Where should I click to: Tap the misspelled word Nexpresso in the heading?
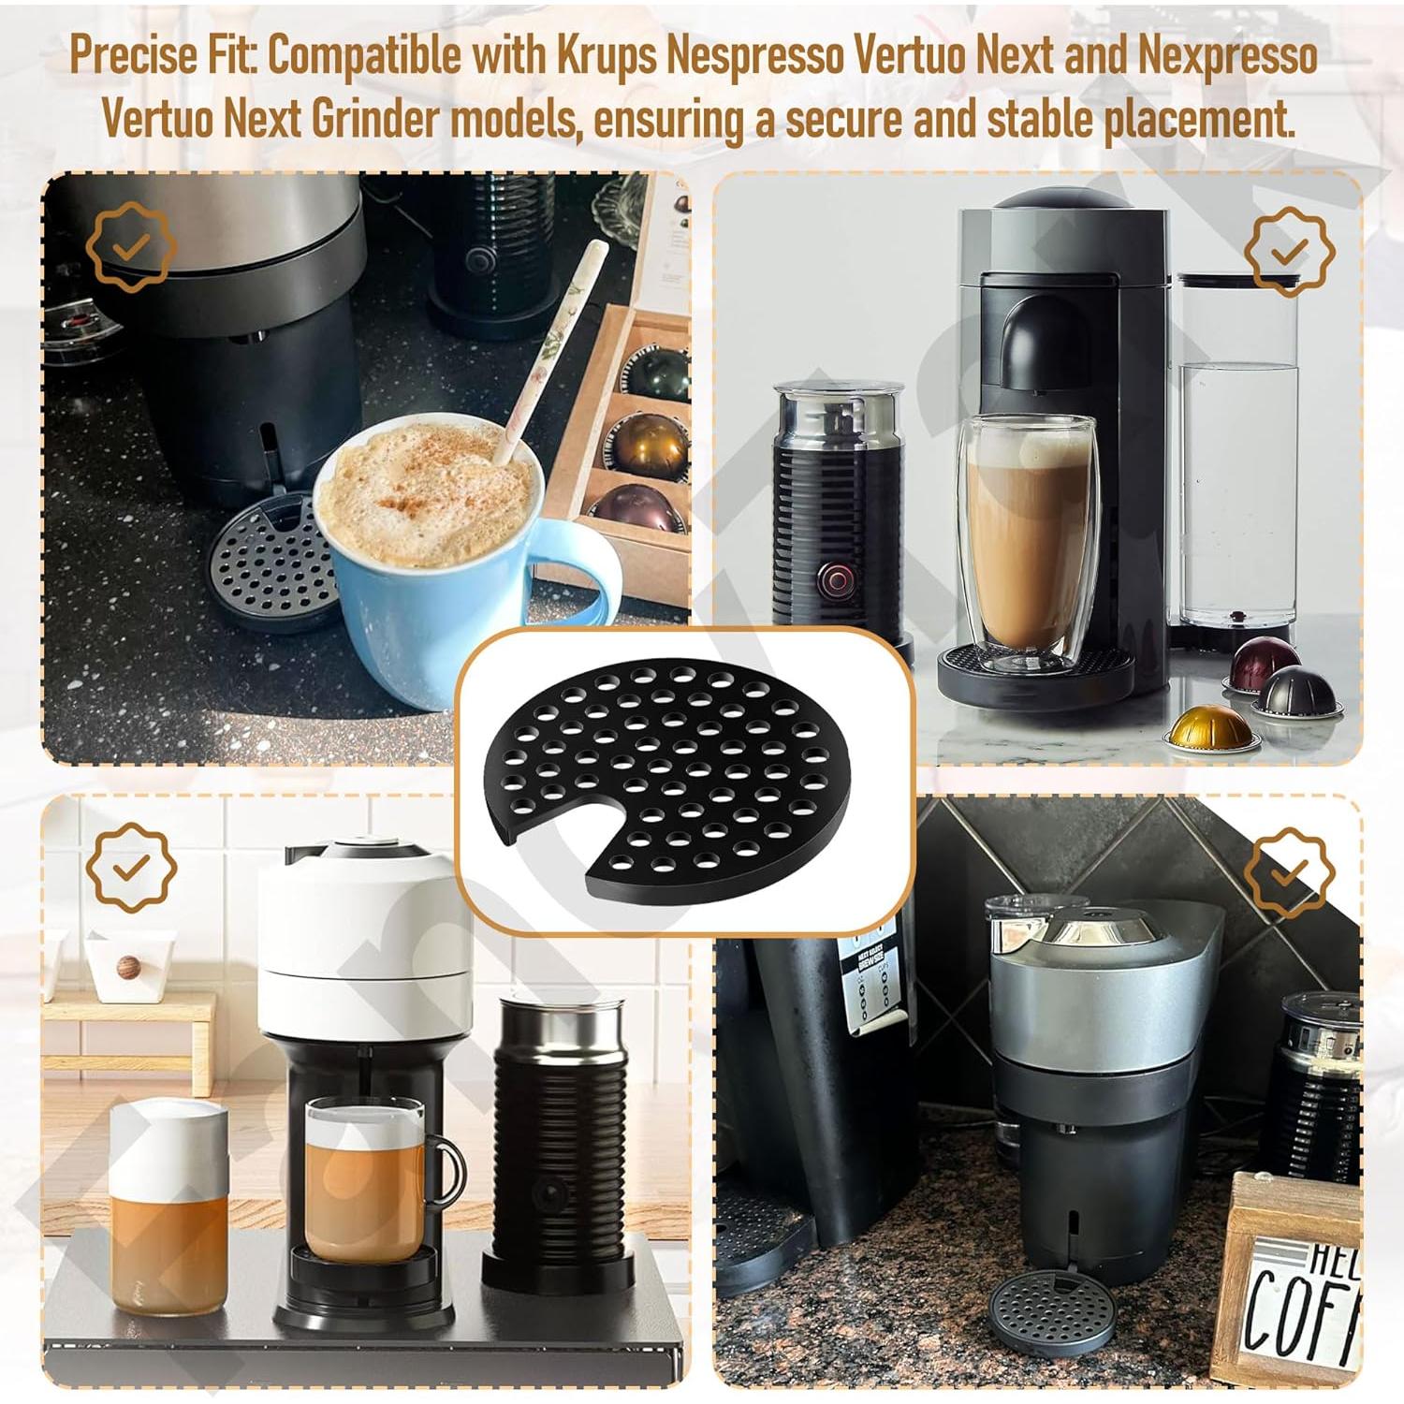click(1227, 57)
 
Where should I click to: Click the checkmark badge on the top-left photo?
click(131, 247)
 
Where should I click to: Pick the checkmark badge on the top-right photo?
click(1289, 251)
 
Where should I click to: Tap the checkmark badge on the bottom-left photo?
click(131, 869)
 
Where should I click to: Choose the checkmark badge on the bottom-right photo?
click(1289, 873)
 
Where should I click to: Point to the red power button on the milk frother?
click(830, 581)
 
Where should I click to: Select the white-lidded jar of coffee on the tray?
click(168, 1207)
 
